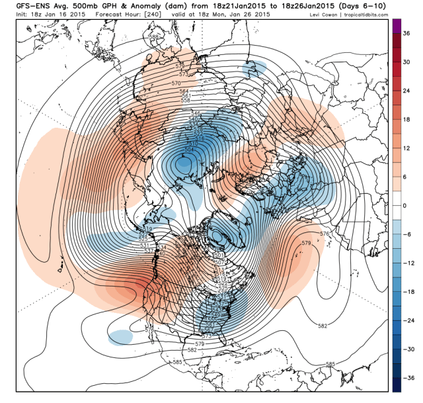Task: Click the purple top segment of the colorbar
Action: pyautogui.click(x=397, y=25)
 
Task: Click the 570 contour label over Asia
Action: pyautogui.click(x=176, y=83)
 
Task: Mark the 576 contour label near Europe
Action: pyautogui.click(x=324, y=234)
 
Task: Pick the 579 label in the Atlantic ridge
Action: pyautogui.click(x=306, y=244)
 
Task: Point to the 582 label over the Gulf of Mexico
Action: pyautogui.click(x=192, y=349)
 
